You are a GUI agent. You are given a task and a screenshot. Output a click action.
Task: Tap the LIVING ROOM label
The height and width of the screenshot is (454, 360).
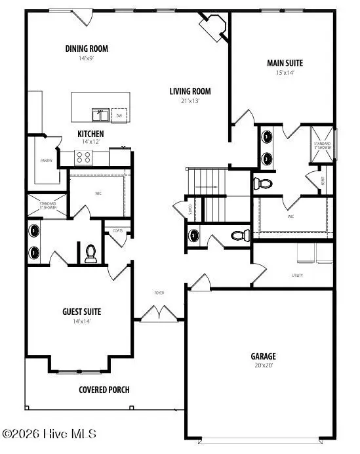[x=190, y=91]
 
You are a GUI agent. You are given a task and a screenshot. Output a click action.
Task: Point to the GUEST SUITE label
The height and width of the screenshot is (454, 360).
[x=81, y=312]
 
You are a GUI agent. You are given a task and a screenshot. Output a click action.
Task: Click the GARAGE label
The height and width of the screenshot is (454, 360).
[x=262, y=356]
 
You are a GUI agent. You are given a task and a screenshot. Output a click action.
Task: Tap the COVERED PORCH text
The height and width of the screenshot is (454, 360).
[x=104, y=390]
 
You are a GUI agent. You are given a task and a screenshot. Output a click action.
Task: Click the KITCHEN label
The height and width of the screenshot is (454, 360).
[x=90, y=133]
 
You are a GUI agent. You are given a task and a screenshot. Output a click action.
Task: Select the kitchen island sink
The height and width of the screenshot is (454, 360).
[x=100, y=115]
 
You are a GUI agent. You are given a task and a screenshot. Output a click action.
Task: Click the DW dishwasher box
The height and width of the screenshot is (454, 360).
[x=119, y=115]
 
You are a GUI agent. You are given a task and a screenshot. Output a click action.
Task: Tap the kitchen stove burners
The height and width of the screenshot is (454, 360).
[x=85, y=157]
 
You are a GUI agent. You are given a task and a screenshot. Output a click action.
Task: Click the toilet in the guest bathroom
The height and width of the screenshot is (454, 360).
[x=91, y=253]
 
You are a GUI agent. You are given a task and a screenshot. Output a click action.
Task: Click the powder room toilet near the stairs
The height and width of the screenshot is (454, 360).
[x=239, y=234]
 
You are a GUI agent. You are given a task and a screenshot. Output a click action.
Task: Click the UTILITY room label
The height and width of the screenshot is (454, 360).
[x=298, y=276]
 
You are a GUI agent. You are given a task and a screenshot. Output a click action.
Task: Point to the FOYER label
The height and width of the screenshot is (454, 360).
[x=159, y=292]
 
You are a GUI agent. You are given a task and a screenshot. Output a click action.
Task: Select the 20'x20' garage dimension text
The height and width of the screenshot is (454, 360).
[x=262, y=365]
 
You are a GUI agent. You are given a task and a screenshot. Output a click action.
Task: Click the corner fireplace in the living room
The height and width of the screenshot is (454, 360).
[x=212, y=28]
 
